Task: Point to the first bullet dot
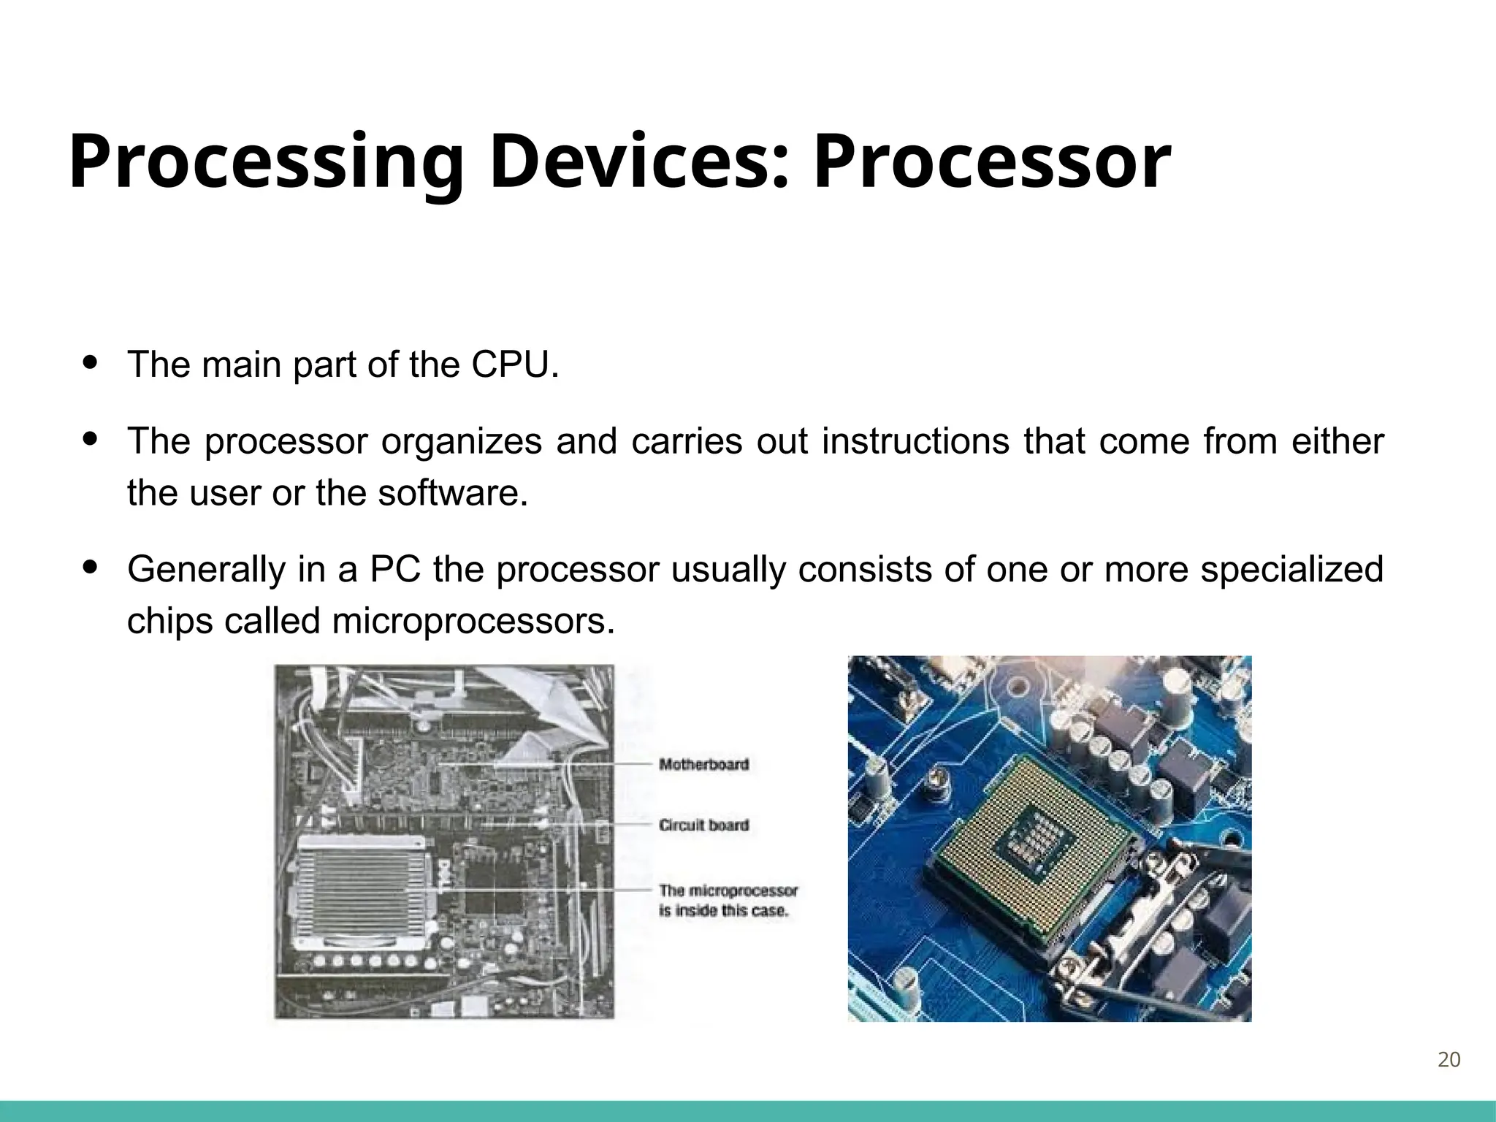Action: click(91, 362)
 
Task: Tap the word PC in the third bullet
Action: click(394, 570)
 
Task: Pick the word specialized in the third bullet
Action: click(1291, 570)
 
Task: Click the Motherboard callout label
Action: click(703, 765)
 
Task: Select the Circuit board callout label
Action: click(703, 825)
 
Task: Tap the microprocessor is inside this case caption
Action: click(728, 901)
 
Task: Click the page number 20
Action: click(1449, 1060)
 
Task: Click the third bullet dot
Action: click(91, 567)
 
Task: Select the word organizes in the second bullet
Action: click(461, 441)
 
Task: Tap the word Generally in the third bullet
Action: click(206, 570)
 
